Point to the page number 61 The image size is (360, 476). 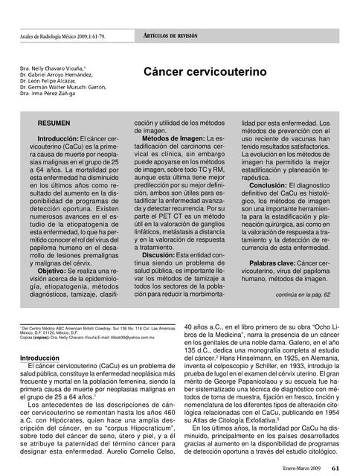tap(335, 468)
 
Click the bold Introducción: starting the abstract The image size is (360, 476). tap(63, 139)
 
